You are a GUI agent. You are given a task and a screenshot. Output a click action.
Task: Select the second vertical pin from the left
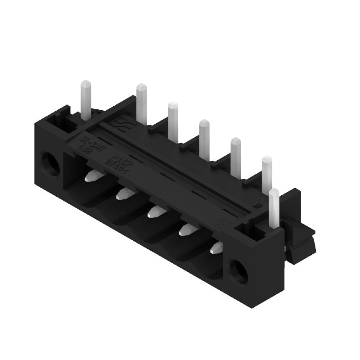click(x=142, y=103)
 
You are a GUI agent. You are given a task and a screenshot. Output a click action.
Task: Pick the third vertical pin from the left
click(x=173, y=121)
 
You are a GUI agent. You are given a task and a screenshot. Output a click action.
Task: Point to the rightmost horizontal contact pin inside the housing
click(x=216, y=246)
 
